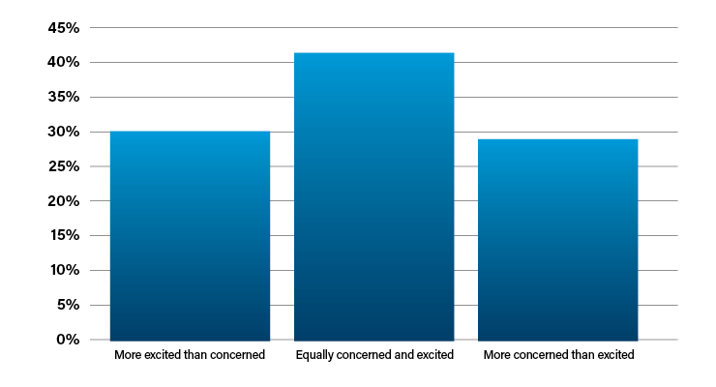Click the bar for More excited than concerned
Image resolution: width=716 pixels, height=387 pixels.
tap(190, 236)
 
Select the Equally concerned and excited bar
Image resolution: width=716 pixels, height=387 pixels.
tap(374, 196)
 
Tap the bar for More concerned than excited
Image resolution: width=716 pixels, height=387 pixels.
tap(558, 240)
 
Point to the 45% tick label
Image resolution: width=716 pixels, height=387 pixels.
tap(64, 28)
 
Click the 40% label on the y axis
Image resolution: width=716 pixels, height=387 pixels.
tap(64, 62)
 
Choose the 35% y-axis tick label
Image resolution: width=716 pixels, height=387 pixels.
tap(64, 97)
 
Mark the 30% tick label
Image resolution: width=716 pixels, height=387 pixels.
tap(64, 132)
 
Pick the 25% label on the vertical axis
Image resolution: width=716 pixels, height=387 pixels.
tap(64, 166)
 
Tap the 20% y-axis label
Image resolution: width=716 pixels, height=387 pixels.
tap(64, 201)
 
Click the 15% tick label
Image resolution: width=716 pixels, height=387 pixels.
tap(65, 235)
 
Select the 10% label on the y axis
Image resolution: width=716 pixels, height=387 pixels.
tap(65, 270)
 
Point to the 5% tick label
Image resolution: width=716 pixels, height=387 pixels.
tap(69, 305)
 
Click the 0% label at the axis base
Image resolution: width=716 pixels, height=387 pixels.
tap(68, 339)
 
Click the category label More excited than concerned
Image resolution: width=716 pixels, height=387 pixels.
tap(190, 355)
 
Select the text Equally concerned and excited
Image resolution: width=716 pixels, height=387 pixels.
tap(374, 355)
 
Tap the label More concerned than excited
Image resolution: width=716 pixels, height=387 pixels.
tap(559, 355)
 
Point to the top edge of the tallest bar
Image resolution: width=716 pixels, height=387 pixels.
tap(374, 53)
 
